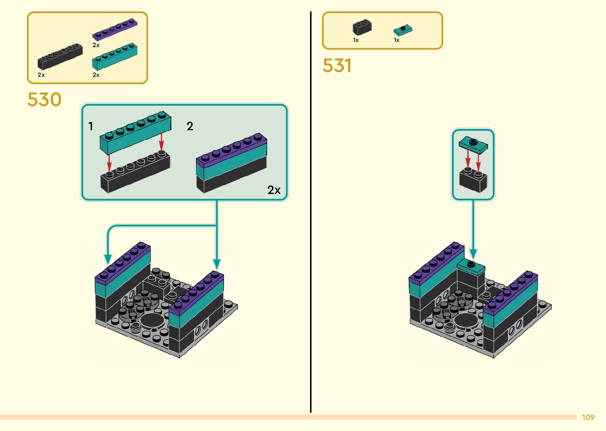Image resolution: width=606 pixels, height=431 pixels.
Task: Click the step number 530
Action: pos(44,99)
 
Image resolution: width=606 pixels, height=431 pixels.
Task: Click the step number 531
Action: pos(337,66)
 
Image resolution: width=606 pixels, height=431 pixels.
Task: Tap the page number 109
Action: pos(588,417)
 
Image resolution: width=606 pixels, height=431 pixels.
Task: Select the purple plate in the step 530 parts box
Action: pos(115,29)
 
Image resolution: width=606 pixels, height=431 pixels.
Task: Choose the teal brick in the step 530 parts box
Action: pos(115,56)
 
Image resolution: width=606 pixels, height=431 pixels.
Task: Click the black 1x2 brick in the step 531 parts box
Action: pos(362,27)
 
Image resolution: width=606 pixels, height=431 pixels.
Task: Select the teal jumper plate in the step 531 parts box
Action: pos(403,30)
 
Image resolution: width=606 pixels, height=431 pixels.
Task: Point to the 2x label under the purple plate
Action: pos(96,45)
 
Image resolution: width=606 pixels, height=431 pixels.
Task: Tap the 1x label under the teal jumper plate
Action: pos(397,40)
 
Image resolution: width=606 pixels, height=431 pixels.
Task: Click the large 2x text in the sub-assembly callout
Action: pos(274,190)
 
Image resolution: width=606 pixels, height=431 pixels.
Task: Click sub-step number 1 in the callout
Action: pos(91,126)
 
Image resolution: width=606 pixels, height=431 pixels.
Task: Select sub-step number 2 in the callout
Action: pos(190,126)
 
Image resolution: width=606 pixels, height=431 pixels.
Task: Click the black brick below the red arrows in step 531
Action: pos(473,180)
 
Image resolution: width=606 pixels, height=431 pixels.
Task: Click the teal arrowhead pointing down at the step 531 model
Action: pos(473,254)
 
